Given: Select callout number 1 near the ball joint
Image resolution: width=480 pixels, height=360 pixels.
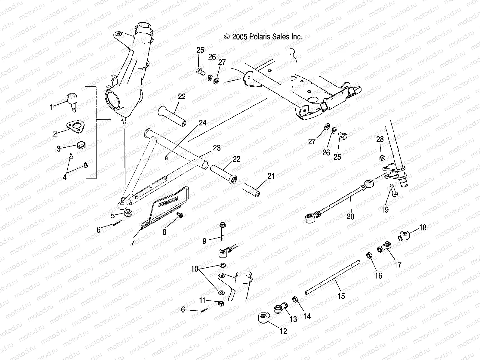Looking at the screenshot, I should coord(52,107).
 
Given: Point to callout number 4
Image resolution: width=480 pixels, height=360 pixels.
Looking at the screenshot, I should coord(65,177).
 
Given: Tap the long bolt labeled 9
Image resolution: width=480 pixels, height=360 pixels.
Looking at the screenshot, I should coord(222,232).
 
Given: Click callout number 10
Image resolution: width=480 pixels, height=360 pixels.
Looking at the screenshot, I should coord(195,269).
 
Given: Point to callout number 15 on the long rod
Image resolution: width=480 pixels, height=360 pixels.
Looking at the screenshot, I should coord(341,296).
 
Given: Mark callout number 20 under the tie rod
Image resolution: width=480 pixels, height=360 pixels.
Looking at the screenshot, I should coord(350,216).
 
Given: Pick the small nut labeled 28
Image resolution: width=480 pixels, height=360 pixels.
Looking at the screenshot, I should coord(381,158).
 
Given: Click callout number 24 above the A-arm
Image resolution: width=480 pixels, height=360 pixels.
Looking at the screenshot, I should coord(202,123).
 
